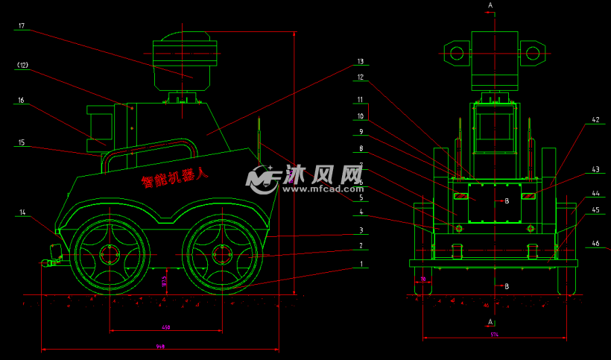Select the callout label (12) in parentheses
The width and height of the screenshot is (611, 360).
[22, 66]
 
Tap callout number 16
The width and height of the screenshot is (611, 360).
[22, 100]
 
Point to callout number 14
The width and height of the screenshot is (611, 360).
[22, 213]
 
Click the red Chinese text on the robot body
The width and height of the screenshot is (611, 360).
[176, 177]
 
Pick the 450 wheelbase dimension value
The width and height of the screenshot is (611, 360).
[165, 327]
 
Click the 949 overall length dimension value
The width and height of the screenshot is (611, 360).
[160, 347]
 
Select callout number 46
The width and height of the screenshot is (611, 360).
[595, 244]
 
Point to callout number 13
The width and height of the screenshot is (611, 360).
[360, 61]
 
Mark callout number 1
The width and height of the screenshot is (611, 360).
[360, 264]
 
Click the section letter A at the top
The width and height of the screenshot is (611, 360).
[490, 5]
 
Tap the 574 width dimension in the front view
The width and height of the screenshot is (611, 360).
[494, 335]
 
